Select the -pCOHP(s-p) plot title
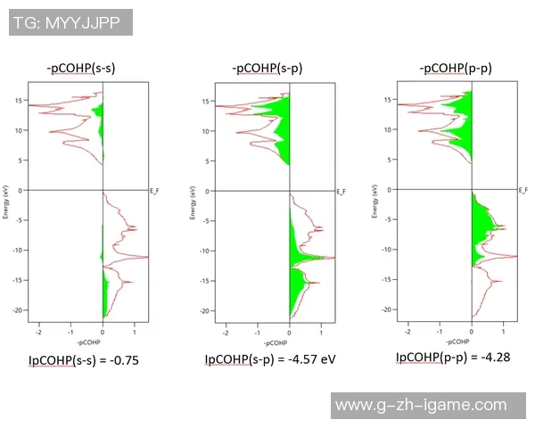tap(267, 68)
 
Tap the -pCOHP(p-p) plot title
tap(454, 68)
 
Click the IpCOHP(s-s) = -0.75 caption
tap(84, 361)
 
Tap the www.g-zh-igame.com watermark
tap(432, 406)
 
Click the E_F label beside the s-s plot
tap(154, 191)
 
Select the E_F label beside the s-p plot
tap(340, 191)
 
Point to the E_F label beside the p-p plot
tap(523, 189)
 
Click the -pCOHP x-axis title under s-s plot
tap(88, 342)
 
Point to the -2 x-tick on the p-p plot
tap(407, 330)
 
